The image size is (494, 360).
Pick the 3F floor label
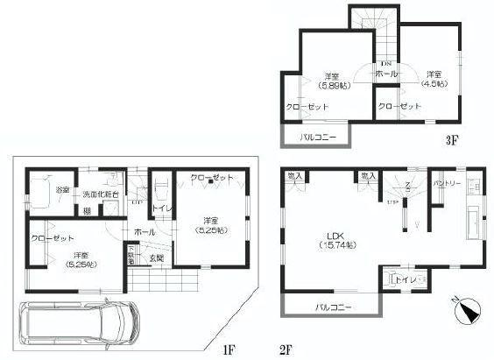[x=448, y=139]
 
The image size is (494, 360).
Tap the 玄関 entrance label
[x=155, y=258]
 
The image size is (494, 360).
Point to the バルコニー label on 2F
[x=332, y=307]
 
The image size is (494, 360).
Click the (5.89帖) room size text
[x=331, y=84]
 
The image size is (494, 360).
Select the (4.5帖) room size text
[x=434, y=84]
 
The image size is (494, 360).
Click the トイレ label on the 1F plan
[x=161, y=208]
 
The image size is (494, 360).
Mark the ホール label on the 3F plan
[x=385, y=75]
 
